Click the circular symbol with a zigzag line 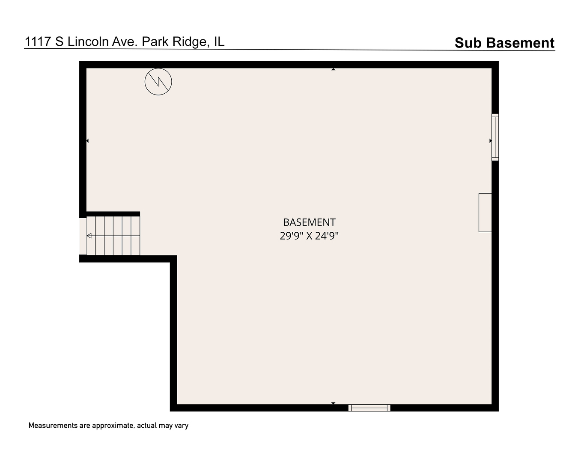point(158,82)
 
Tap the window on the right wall point(495,137)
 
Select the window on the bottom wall point(369,408)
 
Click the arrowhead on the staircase point(89,236)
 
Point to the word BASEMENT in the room point(309,222)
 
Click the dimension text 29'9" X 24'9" point(309,236)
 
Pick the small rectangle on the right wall point(485,213)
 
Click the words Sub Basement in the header point(504,43)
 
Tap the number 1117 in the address point(38,41)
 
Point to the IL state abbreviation point(219,41)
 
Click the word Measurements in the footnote point(53,426)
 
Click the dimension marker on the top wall point(334,69)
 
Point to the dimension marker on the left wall point(87,141)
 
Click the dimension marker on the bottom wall point(334,403)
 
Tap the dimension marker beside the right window point(491,141)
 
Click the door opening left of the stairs point(83,236)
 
